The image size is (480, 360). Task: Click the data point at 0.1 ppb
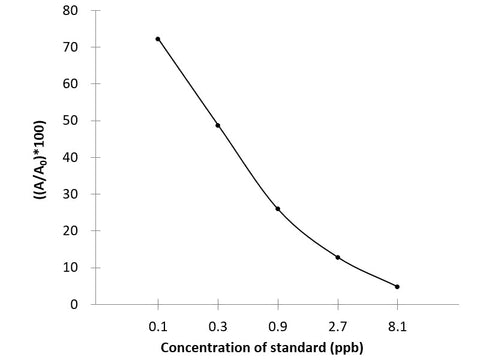[158, 39]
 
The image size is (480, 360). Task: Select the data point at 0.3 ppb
[218, 125]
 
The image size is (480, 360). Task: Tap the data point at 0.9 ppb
[278, 209]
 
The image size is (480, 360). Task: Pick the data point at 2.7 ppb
[338, 257]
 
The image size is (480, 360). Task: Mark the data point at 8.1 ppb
[397, 287]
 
